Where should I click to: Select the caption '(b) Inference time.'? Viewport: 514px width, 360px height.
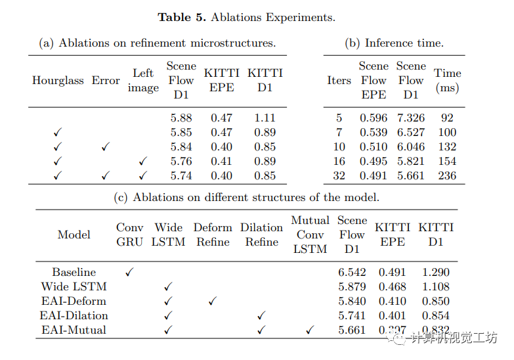coord(394,43)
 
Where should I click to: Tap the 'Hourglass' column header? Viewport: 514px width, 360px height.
coord(58,81)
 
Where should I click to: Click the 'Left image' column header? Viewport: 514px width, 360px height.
coord(143,81)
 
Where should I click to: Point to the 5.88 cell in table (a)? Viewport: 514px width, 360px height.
coord(181,118)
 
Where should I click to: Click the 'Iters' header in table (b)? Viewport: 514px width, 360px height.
coord(339,81)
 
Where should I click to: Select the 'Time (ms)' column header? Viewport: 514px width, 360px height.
coord(447,80)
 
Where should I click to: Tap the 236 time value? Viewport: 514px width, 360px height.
coord(446,175)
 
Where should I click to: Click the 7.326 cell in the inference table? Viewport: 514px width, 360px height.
coord(410,118)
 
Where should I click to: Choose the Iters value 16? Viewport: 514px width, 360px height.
coord(339,161)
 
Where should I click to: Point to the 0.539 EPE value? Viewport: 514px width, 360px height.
coord(373,133)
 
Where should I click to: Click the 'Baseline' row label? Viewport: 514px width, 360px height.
coord(74,272)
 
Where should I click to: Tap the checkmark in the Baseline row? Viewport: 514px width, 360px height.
coord(129,272)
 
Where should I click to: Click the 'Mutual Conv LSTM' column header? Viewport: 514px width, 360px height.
coord(310,235)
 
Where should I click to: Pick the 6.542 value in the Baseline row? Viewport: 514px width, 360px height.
coord(352,272)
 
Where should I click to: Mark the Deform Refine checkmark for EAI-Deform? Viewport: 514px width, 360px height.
coord(212,301)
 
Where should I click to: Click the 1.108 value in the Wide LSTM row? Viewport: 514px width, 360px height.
coord(436,286)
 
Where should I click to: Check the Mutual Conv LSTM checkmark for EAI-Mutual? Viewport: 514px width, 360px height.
coord(310,330)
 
